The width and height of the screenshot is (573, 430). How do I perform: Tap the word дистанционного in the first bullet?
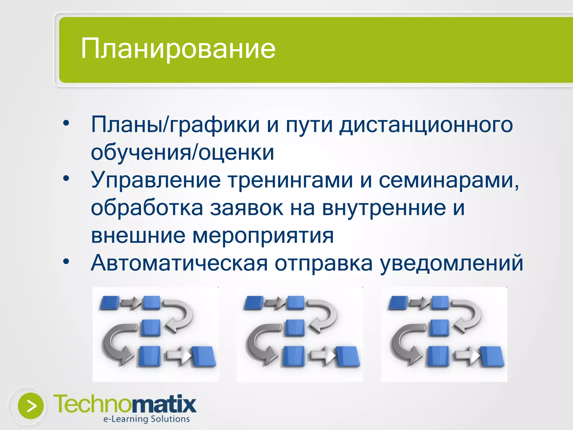coord(426,125)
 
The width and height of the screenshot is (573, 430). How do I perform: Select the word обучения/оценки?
coord(182,153)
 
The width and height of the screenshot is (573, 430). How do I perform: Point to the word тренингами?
coord(290,180)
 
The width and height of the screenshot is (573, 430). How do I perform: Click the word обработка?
coord(147,208)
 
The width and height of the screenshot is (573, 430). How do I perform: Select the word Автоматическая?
coord(179,263)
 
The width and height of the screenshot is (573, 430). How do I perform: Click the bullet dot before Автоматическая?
coord(66,261)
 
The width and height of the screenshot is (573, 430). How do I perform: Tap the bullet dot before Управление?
coord(66,178)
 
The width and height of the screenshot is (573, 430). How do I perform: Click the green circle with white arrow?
coord(31,406)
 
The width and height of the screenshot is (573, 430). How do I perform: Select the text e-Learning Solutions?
coord(146,419)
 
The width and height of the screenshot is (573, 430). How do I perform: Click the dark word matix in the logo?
coord(164,404)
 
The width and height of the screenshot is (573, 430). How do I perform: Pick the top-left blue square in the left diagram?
coord(110,303)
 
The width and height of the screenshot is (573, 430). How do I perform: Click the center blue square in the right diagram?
coord(439,328)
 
